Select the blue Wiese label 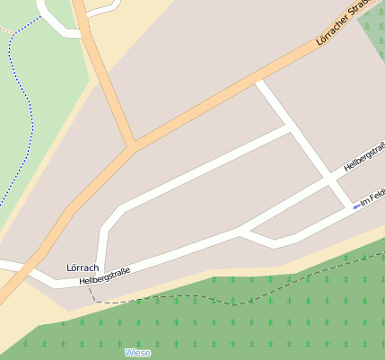(138, 353)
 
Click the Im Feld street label (372, 197)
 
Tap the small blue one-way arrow (357, 206)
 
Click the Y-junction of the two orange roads (134, 145)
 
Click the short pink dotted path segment (7, 29)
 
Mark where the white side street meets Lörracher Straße (258, 83)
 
